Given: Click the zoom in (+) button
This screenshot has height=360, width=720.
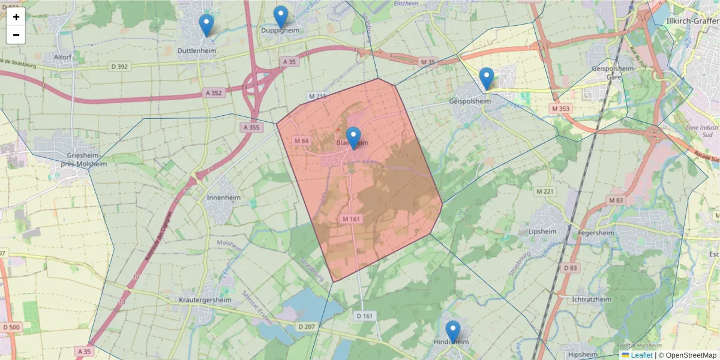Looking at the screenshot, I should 16,17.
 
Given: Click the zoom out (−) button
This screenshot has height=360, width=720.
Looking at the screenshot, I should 16,35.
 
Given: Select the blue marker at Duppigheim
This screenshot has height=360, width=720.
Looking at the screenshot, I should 281,17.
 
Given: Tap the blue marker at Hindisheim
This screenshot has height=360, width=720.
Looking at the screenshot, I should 453,332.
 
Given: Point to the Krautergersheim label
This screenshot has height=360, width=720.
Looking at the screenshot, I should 205,299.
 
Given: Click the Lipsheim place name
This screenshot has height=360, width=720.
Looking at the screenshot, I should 542,231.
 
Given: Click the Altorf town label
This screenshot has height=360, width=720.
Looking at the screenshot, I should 63,57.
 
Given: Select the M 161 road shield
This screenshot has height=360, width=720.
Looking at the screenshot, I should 351,219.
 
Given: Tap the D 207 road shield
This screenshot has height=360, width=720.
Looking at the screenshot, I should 306,326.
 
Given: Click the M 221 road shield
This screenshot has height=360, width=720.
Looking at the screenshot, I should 545,191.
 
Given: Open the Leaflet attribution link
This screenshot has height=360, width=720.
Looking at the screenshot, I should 641,355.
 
